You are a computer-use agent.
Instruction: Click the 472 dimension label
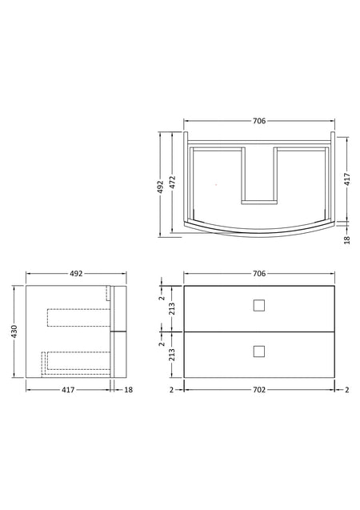173,183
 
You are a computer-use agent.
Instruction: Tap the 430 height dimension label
14,331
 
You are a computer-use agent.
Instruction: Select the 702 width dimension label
259,389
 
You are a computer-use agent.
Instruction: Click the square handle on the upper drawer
259,305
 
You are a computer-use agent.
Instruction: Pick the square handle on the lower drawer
259,351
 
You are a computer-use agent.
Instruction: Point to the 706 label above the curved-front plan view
259,121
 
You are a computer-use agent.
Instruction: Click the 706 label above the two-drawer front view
259,274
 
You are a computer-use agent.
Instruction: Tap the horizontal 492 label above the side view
76,274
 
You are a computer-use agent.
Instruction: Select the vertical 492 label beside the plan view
161,187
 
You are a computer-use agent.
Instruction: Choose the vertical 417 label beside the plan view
347,179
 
